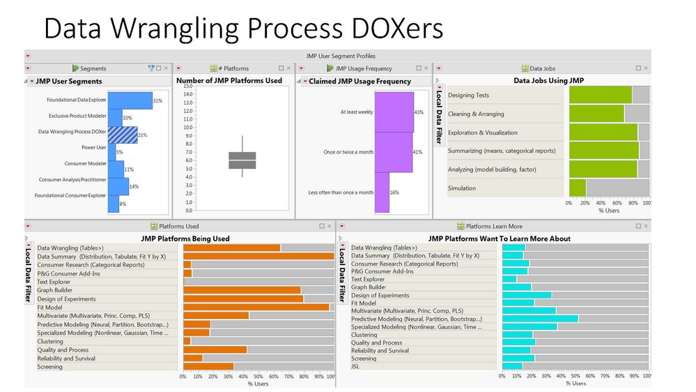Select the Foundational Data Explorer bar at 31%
(130, 100)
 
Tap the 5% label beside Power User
(120, 152)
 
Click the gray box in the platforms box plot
(242, 160)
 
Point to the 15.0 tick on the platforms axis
(187, 86)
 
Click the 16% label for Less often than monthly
(394, 193)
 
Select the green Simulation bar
(578, 188)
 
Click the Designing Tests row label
(469, 96)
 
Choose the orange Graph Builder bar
(242, 290)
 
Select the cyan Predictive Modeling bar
(540, 319)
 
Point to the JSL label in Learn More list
(356, 366)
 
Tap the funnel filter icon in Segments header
(150, 68)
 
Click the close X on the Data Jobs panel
(646, 68)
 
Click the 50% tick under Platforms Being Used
(258, 377)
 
